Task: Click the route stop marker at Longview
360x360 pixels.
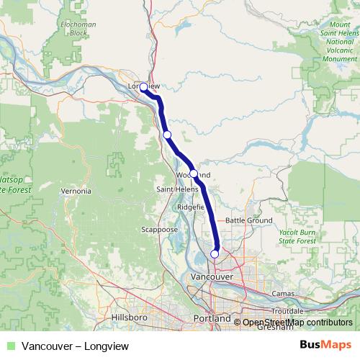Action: point(143,87)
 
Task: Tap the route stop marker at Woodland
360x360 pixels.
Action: point(194,174)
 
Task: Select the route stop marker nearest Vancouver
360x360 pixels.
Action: point(214,253)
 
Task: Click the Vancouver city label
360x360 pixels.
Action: point(210,276)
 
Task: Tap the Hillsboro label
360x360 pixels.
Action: point(130,317)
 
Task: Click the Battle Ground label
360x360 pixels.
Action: point(248,220)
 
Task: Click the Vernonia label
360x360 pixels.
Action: point(76,192)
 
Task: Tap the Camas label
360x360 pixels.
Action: point(284,294)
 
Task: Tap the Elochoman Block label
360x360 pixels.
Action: point(78,30)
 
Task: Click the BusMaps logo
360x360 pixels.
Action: point(331,344)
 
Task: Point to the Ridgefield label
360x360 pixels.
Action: point(191,206)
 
